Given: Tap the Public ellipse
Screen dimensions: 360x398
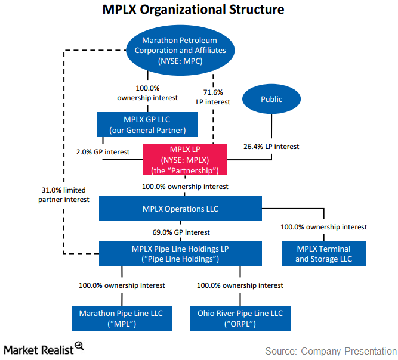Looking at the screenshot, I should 271,99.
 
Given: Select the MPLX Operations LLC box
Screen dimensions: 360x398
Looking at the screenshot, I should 180,209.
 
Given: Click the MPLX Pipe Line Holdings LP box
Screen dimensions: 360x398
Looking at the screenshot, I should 180,253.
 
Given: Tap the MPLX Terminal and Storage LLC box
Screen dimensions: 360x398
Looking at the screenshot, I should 323,253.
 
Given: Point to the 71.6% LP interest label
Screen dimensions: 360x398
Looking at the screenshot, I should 213,97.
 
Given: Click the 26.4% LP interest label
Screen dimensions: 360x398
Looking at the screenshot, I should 271,146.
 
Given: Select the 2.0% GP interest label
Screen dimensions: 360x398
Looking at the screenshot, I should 102,152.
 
